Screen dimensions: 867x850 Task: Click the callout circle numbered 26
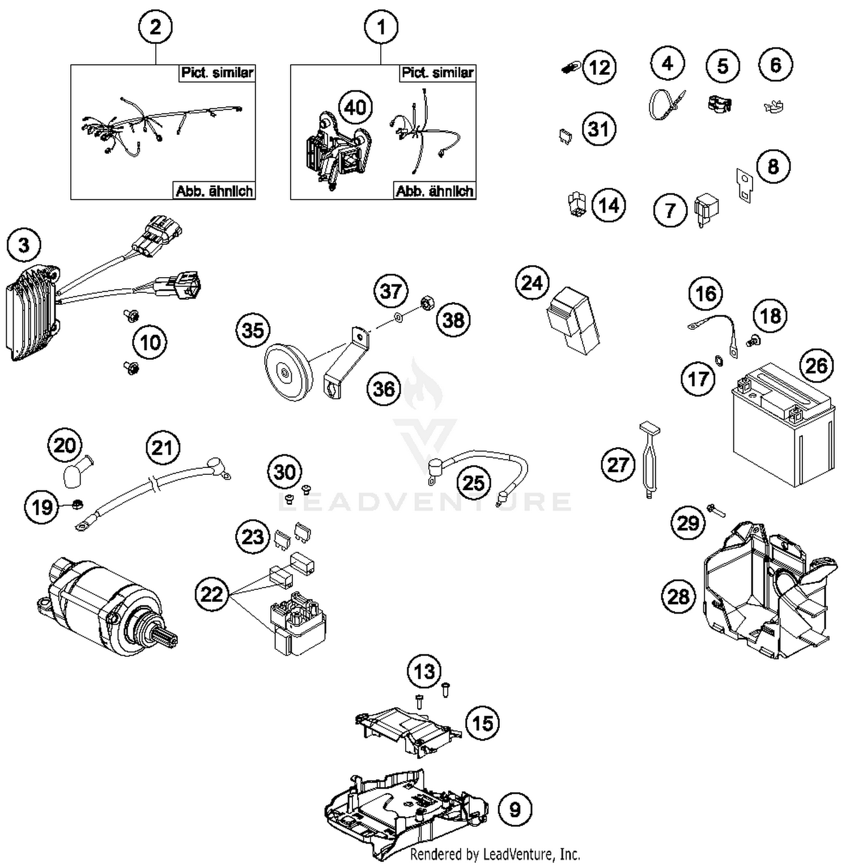(816, 365)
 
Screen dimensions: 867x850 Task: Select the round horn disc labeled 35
(286, 372)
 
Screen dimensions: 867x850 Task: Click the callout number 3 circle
(24, 245)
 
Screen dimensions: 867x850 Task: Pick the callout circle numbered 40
(355, 107)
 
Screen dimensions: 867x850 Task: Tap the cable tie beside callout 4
(665, 105)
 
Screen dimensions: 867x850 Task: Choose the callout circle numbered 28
(678, 596)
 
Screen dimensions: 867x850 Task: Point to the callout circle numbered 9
(515, 809)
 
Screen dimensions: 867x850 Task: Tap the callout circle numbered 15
(482, 723)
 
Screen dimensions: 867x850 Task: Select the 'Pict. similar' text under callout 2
(217, 73)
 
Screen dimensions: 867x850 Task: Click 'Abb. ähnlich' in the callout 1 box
(435, 191)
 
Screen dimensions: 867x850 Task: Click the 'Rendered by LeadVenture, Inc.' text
(495, 853)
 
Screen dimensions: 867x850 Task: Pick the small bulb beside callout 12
(569, 69)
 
